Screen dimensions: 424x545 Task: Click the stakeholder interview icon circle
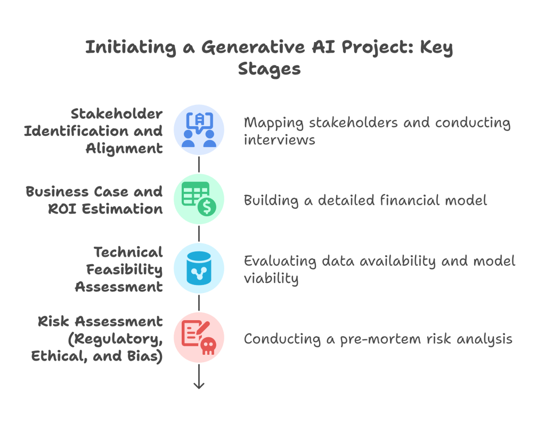(199, 129)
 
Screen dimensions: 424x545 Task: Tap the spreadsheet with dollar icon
(199, 199)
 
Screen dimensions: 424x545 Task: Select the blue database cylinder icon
(199, 268)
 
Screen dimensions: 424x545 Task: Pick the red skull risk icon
(199, 338)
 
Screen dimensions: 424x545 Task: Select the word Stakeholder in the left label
(117, 113)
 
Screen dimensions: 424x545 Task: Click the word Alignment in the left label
(125, 148)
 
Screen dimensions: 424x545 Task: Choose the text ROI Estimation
(105, 208)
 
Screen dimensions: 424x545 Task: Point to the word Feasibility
(124, 269)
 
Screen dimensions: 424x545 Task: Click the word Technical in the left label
(128, 251)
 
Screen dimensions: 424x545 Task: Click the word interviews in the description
(280, 140)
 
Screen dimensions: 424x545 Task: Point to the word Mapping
(268, 123)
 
